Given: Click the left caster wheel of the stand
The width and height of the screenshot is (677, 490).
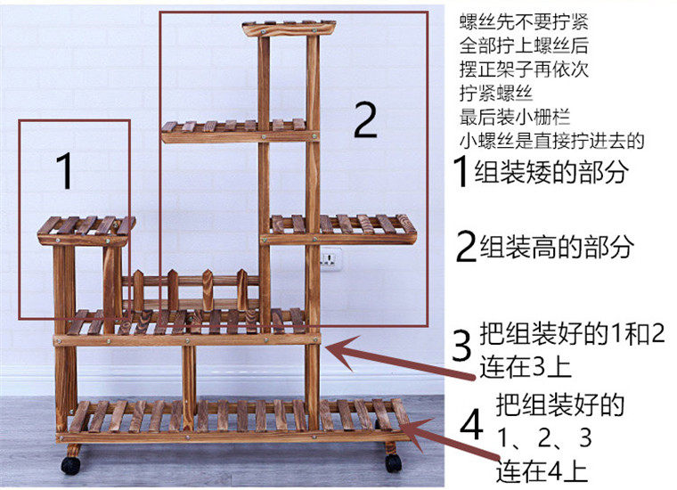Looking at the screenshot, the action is click(70, 464).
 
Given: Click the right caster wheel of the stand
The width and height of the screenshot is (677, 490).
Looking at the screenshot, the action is click(393, 462).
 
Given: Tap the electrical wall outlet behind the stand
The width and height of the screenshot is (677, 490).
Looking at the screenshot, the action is click(331, 260).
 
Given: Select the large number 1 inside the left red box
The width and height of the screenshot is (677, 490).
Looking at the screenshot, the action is click(65, 171).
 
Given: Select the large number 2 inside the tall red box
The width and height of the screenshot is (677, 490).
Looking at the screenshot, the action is click(365, 120).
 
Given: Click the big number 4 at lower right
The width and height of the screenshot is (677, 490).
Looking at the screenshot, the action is click(470, 427).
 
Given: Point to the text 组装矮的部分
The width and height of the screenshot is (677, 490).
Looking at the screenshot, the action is click(552, 171).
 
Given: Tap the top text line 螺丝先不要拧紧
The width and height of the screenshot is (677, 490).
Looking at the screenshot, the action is click(512, 19).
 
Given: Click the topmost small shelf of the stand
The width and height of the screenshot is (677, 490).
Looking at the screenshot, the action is click(289, 28).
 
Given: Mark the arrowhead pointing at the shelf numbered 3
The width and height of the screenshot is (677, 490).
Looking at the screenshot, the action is click(332, 348).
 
